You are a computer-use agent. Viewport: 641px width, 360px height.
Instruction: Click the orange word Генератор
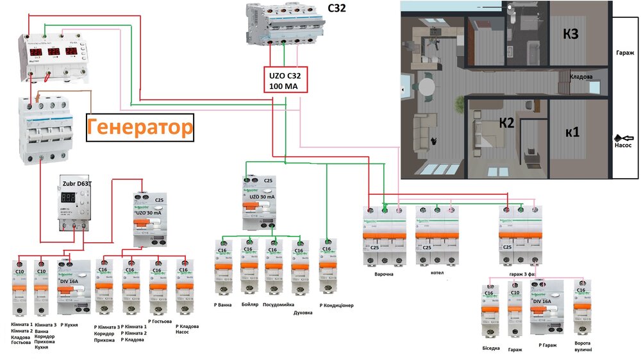[x=139, y=127]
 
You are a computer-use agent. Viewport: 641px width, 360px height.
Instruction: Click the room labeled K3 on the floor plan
[x=571, y=34]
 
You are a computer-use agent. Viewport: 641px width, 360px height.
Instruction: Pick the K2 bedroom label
[x=507, y=124]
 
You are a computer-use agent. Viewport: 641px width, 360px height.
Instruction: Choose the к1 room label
[x=572, y=133]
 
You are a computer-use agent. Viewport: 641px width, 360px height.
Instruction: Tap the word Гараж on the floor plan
[x=624, y=53]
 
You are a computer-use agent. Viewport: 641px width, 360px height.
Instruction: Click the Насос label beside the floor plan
[x=623, y=145]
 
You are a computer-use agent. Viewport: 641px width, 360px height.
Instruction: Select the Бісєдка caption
[x=492, y=349]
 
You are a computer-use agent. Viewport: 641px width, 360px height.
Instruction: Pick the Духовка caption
[x=303, y=313]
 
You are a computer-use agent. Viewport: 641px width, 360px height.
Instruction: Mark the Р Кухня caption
[x=68, y=325]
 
